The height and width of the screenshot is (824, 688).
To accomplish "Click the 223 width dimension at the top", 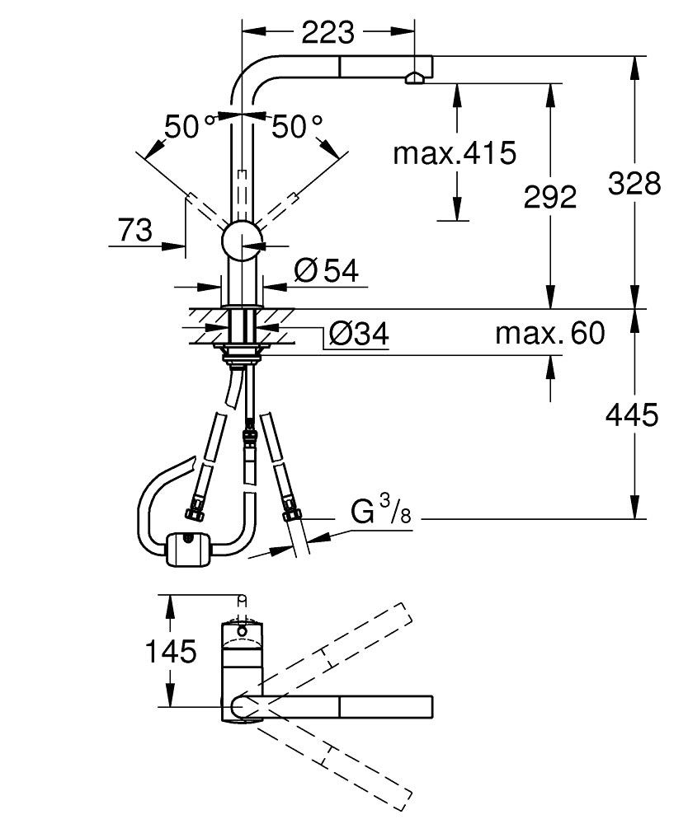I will pyautogui.click(x=328, y=32).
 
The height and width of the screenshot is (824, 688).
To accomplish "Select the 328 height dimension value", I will pyautogui.click(x=634, y=183).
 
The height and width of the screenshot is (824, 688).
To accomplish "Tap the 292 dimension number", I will pyautogui.click(x=550, y=196).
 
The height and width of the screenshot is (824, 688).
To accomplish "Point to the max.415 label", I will pyautogui.click(x=454, y=152).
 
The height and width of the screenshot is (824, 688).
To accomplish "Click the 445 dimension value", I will pyautogui.click(x=632, y=415).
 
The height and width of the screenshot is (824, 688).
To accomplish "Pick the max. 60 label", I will pyautogui.click(x=549, y=334).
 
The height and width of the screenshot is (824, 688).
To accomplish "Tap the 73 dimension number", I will pyautogui.click(x=134, y=231).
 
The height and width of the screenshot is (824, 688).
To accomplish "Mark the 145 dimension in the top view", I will pyautogui.click(x=171, y=652).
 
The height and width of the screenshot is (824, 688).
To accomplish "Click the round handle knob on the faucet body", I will pyautogui.click(x=242, y=241).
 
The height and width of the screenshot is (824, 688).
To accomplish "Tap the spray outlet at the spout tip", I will pyautogui.click(x=414, y=78).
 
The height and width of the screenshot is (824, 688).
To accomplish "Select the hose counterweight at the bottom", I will pyautogui.click(x=189, y=549).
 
